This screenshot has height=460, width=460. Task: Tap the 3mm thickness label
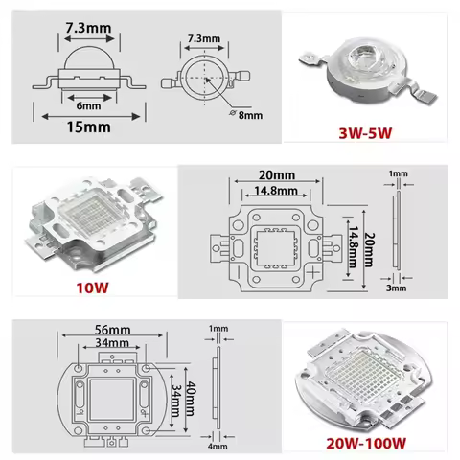pyautogui.click(x=396, y=286)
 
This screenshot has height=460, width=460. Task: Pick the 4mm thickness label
pyautogui.click(x=218, y=445)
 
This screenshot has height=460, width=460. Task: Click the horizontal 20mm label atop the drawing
pyautogui.click(x=276, y=174)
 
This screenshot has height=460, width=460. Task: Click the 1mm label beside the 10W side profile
pyautogui.click(x=395, y=173)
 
